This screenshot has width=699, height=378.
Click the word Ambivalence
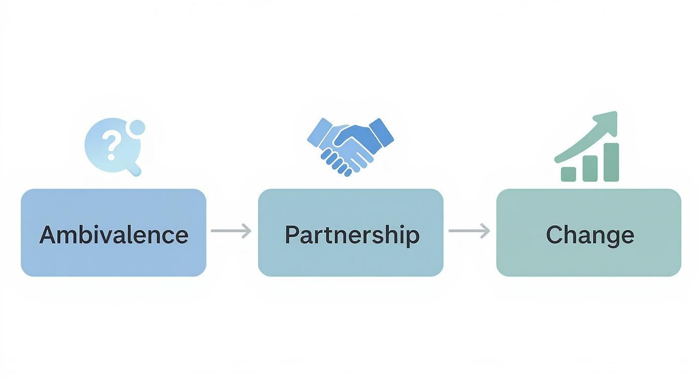(x=114, y=234)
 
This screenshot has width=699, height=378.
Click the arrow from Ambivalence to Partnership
(x=231, y=231)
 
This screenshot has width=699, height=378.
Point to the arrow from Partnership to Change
(x=470, y=231)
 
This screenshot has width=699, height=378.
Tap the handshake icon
(x=351, y=147)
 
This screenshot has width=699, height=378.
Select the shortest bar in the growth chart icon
(x=568, y=174)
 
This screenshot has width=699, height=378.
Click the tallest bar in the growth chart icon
(x=611, y=162)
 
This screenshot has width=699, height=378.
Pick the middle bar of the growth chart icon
(x=590, y=168)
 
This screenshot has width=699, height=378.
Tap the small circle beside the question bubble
(x=137, y=128)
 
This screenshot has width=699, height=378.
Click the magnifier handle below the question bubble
(x=134, y=169)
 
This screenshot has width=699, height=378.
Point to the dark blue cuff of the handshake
(x=381, y=133)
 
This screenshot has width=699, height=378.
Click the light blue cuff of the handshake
(x=319, y=133)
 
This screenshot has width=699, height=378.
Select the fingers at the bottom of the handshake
(x=336, y=162)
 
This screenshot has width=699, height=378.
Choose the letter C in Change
(x=554, y=235)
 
